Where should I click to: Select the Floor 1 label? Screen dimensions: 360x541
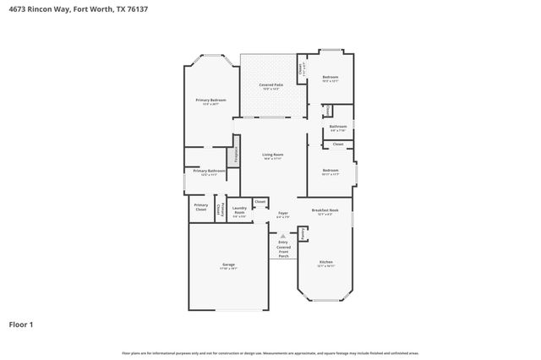[21, 324]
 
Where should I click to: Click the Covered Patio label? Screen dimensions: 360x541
[270, 85]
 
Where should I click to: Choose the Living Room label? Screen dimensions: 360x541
[272, 155]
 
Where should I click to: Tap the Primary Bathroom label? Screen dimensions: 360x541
[209, 172]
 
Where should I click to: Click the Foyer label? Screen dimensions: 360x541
[283, 213]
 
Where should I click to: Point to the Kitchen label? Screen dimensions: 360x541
[325, 262]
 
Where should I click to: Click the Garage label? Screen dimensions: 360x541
[228, 265]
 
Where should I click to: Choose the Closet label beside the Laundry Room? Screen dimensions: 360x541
[260, 201]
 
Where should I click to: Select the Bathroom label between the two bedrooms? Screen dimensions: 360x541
[338, 127]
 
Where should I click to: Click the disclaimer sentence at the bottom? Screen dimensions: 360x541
[270, 352]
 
